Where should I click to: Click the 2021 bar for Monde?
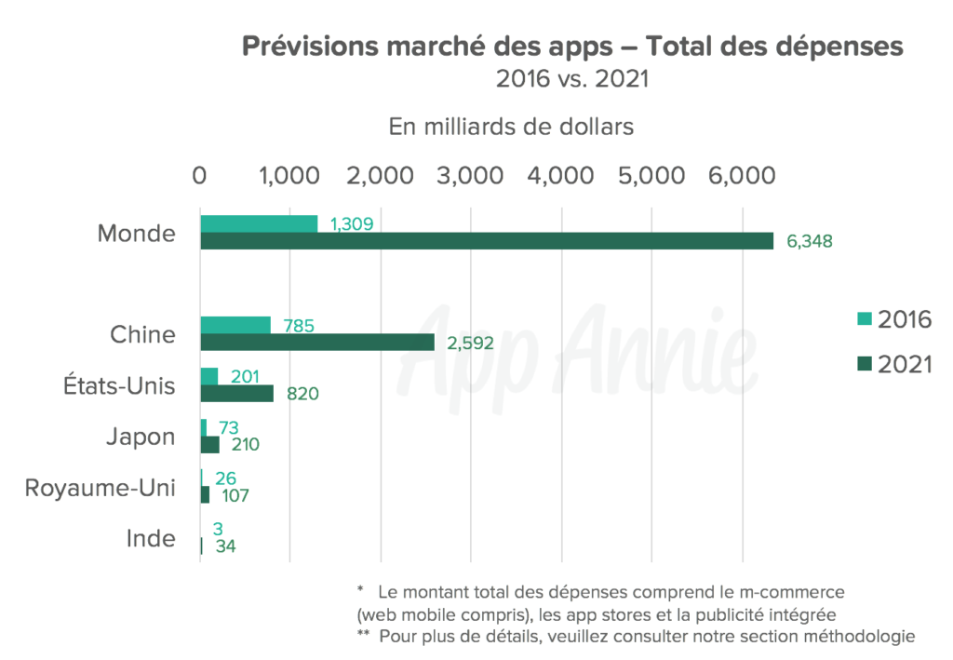click(x=487, y=241)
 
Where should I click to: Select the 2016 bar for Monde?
click(x=259, y=224)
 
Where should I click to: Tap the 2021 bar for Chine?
click(x=317, y=343)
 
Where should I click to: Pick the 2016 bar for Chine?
click(x=235, y=325)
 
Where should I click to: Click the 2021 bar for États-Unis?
click(x=237, y=393)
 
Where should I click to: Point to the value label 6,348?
click(x=809, y=241)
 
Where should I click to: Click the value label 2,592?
click(x=470, y=343)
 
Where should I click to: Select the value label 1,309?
click(x=352, y=223)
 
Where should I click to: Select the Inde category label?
click(x=150, y=538)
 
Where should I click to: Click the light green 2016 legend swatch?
click(x=864, y=320)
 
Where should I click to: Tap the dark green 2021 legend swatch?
click(x=864, y=363)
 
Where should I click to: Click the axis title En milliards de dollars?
click(x=511, y=127)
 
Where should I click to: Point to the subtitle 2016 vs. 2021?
click(x=571, y=79)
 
